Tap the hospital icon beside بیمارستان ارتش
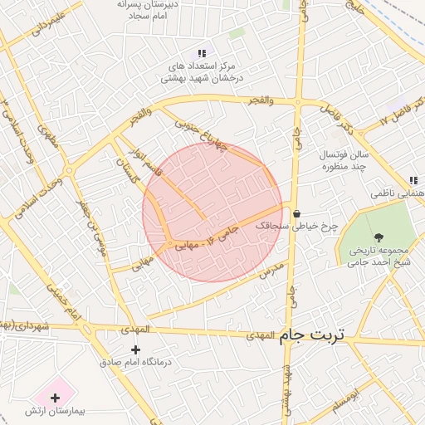coord(55,397)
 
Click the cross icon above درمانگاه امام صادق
coord(136,349)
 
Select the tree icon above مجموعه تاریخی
coord(379,238)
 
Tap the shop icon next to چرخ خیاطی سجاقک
coord(296,214)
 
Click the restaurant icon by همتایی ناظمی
coord(413,181)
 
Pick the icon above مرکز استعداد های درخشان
coord(201,53)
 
